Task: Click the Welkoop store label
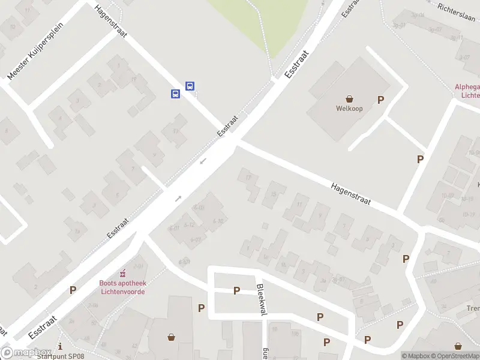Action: pos(349,109)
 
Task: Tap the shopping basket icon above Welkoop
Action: pos(349,98)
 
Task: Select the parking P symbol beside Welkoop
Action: pos(380,100)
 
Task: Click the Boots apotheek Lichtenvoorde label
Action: pos(122,287)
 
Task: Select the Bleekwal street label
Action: pos(262,299)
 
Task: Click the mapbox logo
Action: pos(24,353)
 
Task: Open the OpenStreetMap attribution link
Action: pos(455,356)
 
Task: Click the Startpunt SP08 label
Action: pos(60,356)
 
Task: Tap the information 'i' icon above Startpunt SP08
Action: pos(60,346)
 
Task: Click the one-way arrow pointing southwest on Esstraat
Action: pos(203,161)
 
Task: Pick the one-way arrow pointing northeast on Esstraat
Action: pos(178,198)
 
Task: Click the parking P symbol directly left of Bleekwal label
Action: pos(236,290)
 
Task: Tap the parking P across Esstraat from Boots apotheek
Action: pos(73,290)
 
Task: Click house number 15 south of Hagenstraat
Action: pos(274,194)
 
